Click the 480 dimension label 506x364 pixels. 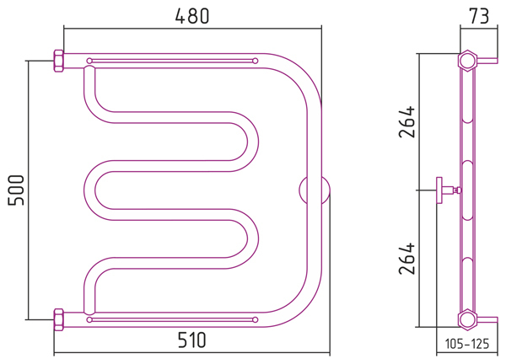coord(192,16)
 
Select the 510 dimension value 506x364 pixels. coord(191,340)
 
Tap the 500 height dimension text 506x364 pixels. coord(16,190)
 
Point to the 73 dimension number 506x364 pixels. coord(479,16)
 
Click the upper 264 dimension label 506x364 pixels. coord(406,121)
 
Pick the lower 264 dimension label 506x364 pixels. coord(406,259)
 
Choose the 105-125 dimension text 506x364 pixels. coord(467,344)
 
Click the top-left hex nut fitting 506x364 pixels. coord(58,61)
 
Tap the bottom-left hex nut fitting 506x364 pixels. coord(58,320)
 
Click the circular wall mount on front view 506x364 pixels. coord(315,190)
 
